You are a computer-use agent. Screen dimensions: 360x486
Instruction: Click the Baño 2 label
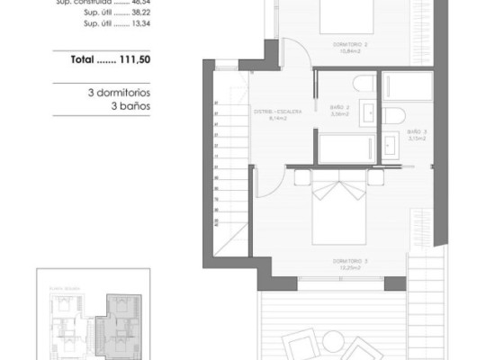339,111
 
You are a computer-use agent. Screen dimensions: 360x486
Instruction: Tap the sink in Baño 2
368,112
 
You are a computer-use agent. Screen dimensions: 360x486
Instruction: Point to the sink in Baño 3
391,143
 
